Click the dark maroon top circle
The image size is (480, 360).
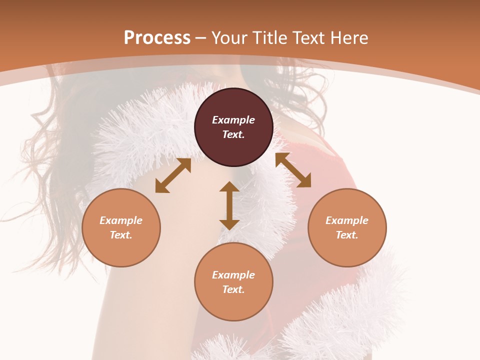(233, 127)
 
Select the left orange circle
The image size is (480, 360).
(121, 227)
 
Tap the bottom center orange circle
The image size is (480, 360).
(233, 282)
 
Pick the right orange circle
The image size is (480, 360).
(347, 227)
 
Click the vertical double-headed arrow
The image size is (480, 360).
(229, 205)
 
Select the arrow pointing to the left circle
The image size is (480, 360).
(173, 175)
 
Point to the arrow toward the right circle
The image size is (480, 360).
(293, 170)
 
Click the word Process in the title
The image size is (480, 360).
(157, 38)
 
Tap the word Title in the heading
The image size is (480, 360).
(269, 38)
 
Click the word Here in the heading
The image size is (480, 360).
(348, 38)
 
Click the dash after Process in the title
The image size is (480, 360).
(201, 38)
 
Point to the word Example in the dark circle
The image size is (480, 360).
(233, 120)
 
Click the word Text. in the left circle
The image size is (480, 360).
(121, 235)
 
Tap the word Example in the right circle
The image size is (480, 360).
(347, 220)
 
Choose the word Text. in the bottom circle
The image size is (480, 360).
(233, 289)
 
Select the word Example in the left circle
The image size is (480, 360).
(121, 220)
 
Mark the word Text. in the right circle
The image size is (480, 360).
(347, 235)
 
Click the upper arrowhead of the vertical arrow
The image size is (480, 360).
(229, 187)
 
